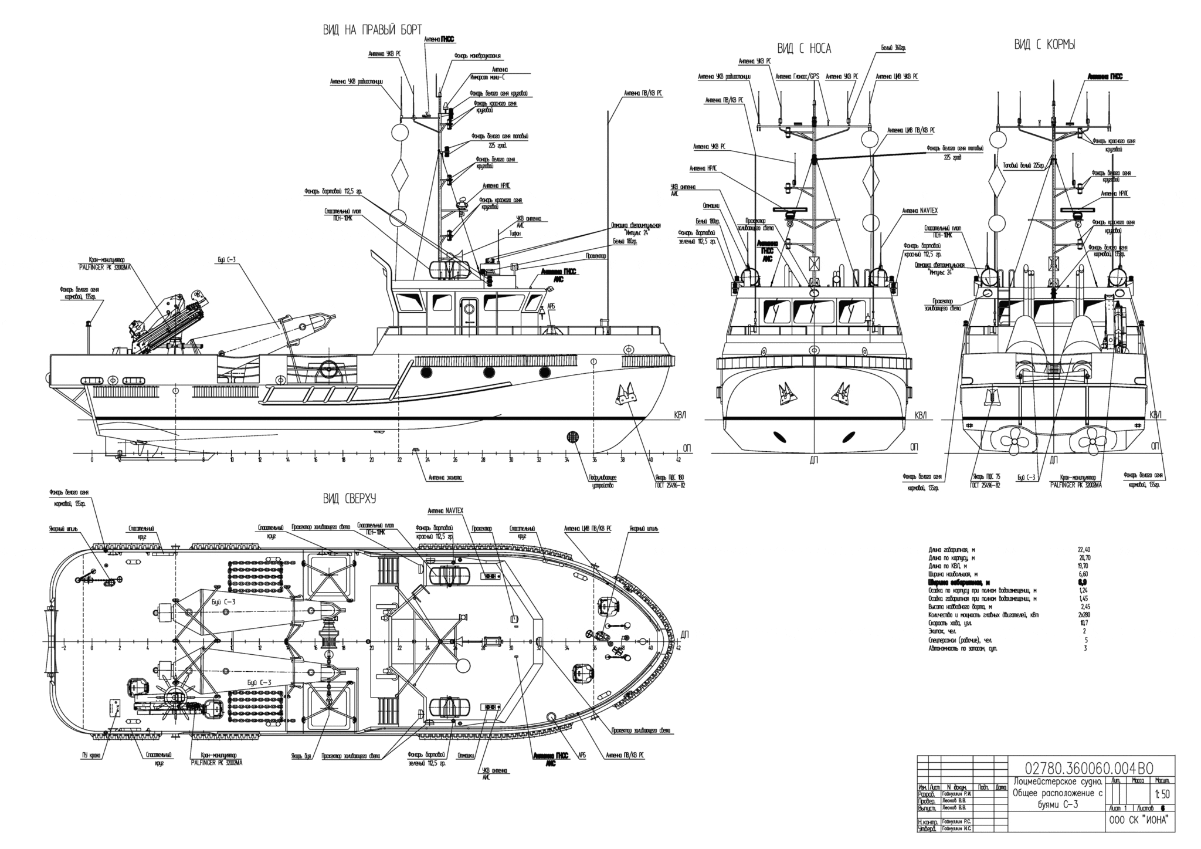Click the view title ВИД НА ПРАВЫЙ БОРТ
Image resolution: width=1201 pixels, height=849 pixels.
372,31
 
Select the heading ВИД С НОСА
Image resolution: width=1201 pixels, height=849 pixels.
804,49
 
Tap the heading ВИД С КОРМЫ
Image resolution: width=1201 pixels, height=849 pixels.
1044,45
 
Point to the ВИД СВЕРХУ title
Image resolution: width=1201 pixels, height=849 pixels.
349,499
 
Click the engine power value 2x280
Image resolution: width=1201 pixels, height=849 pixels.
1082,615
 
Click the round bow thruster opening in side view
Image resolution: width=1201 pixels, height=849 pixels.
573,437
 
